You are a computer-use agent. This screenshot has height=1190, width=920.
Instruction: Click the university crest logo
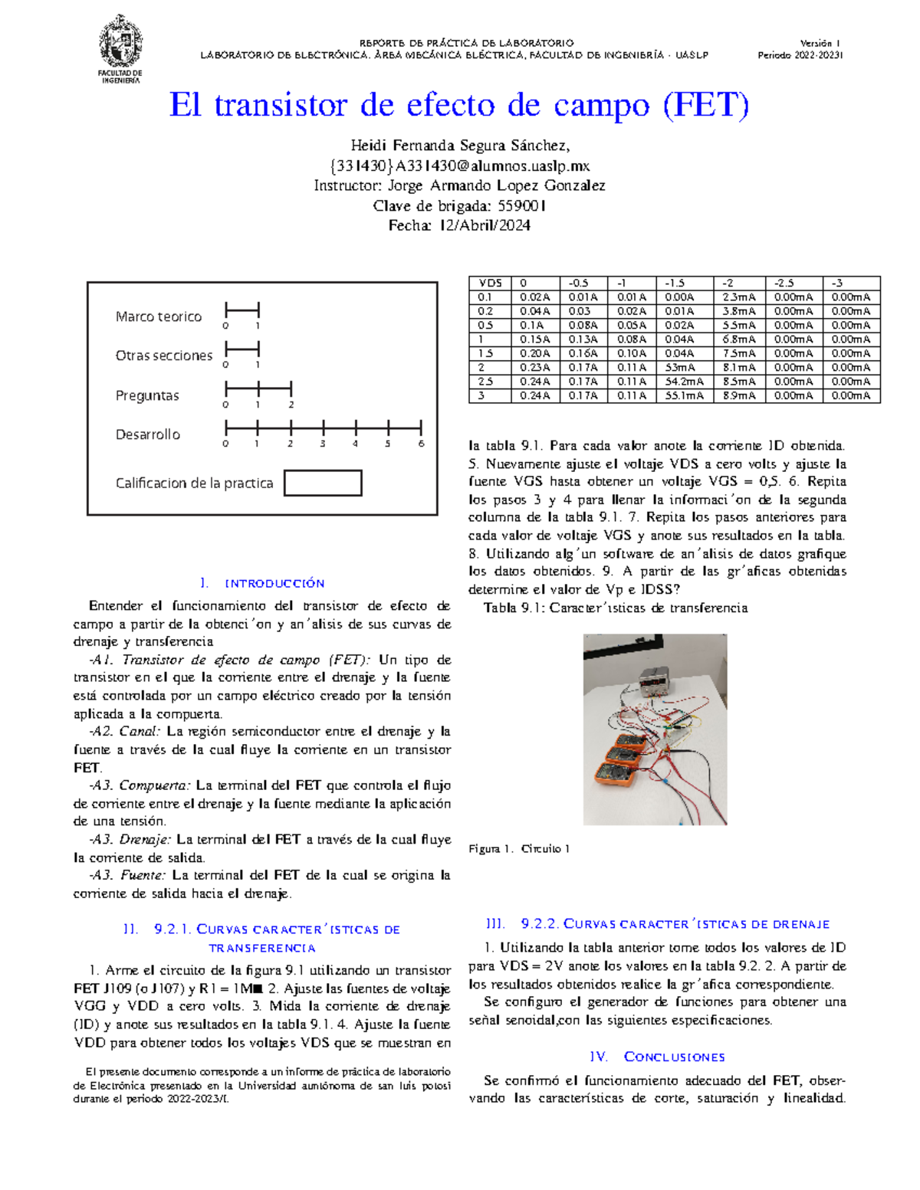[x=120, y=42]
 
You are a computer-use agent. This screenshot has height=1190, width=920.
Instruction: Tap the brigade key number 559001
[x=521, y=205]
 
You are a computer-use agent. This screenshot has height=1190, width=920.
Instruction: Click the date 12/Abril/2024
[x=485, y=225]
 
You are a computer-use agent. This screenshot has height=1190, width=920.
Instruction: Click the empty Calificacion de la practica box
[x=323, y=483]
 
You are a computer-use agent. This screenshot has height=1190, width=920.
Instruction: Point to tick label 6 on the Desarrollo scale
[x=421, y=444]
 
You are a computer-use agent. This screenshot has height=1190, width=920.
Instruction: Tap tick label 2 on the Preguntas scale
[x=291, y=405]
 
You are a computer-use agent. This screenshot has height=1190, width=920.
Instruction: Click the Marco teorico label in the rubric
[x=159, y=316]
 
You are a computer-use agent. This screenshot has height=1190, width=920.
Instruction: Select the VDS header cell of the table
[x=490, y=283]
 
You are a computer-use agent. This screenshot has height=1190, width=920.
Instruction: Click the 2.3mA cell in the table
[x=738, y=297]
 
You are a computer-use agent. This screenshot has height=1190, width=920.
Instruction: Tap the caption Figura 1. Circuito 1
[x=519, y=849]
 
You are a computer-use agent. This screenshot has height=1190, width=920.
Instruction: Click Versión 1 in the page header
[x=820, y=44]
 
